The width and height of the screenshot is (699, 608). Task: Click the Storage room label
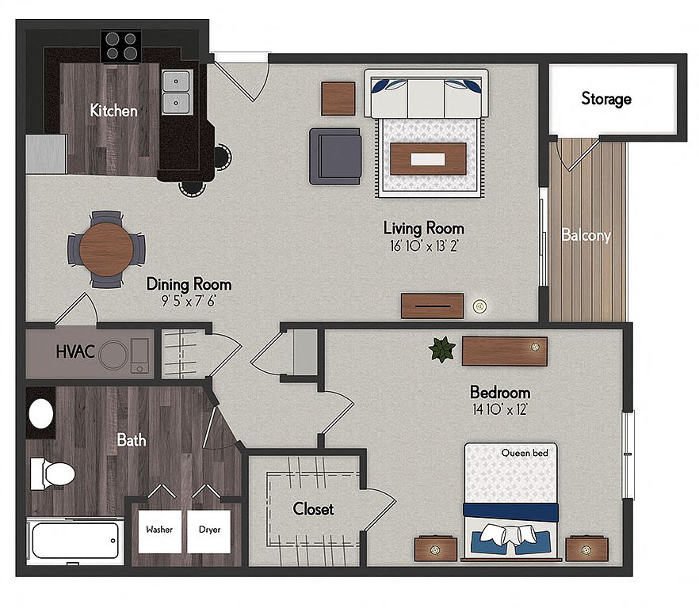606,98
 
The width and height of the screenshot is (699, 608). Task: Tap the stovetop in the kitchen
121,47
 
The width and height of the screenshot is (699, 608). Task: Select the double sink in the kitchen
177,92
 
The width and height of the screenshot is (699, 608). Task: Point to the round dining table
106,249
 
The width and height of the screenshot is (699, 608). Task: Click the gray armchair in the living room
336,156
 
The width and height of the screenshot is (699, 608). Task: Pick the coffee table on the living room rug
428,159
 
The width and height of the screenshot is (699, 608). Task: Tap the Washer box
159,531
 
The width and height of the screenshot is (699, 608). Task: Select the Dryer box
209,531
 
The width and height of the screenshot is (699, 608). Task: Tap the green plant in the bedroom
442,349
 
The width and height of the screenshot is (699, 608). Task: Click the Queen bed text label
525,453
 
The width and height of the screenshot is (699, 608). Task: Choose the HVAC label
75,351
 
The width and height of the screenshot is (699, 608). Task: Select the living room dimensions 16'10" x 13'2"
424,246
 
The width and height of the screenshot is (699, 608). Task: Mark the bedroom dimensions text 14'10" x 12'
500,409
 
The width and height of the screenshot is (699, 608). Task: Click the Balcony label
586,235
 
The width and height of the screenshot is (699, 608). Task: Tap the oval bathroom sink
41,414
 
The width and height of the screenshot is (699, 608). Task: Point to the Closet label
313,509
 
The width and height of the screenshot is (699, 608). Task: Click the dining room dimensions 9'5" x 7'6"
189,302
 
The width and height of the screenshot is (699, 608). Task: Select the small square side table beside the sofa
338,98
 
